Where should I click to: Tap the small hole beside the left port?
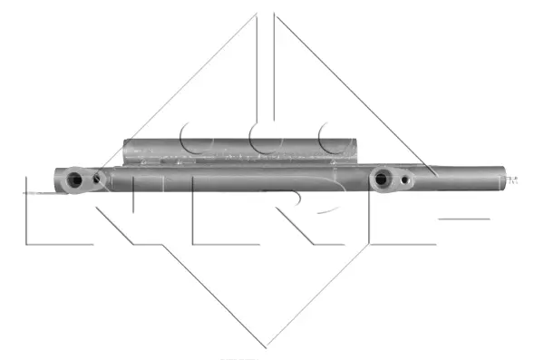98,180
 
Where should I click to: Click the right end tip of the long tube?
504,176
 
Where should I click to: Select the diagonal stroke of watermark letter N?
127,213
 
